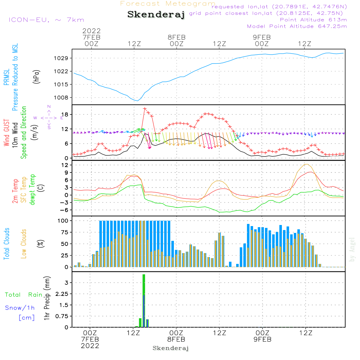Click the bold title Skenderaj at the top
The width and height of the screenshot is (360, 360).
click(x=156, y=15)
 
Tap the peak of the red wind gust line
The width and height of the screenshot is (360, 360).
click(x=144, y=108)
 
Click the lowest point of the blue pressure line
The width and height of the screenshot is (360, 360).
click(x=137, y=100)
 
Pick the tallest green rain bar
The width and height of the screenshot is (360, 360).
click(x=144, y=301)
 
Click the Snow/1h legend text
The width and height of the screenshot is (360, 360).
click(x=20, y=308)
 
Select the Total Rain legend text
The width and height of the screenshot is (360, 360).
click(x=24, y=294)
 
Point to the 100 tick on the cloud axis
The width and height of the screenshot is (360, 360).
click(x=63, y=220)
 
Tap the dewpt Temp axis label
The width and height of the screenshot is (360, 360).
click(x=32, y=189)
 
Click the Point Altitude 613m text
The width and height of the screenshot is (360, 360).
click(x=313, y=20)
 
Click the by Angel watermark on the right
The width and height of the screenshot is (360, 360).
click(x=352, y=249)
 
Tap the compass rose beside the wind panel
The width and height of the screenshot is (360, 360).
click(x=49, y=117)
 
